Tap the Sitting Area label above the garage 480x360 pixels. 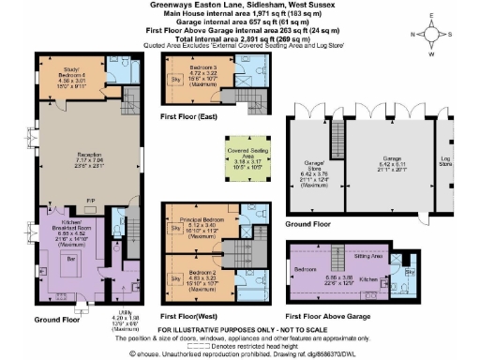[x=374, y=254]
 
